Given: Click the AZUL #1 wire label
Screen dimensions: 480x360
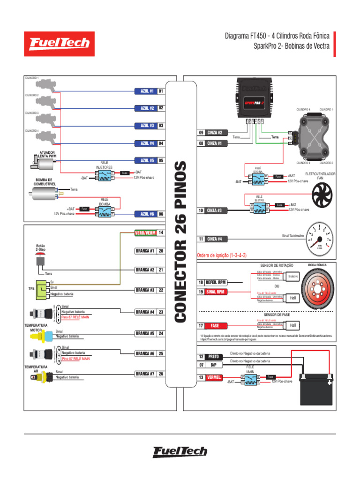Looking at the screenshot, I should click(x=145, y=91).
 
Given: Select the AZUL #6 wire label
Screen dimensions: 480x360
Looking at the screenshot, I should click(x=145, y=214).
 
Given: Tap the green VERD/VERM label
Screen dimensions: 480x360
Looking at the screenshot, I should click(x=145, y=232).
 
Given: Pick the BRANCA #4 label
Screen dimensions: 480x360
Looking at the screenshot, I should click(x=145, y=312).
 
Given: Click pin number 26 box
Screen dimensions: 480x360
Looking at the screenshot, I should click(x=161, y=374).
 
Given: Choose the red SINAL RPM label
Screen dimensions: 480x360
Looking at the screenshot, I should click(x=215, y=292).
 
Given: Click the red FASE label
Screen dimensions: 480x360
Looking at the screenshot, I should click(x=215, y=325).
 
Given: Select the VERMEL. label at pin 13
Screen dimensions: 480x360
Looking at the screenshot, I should click(x=215, y=377).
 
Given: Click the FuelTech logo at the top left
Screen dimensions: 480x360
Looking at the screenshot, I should click(x=59, y=44).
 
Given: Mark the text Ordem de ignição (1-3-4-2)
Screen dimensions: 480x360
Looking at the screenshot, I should click(x=222, y=255).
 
